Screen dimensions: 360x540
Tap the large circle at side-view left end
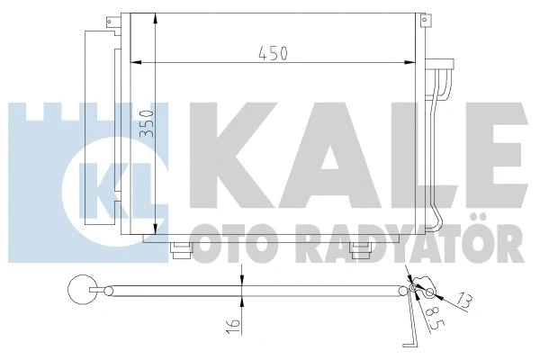click(x=82, y=291)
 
